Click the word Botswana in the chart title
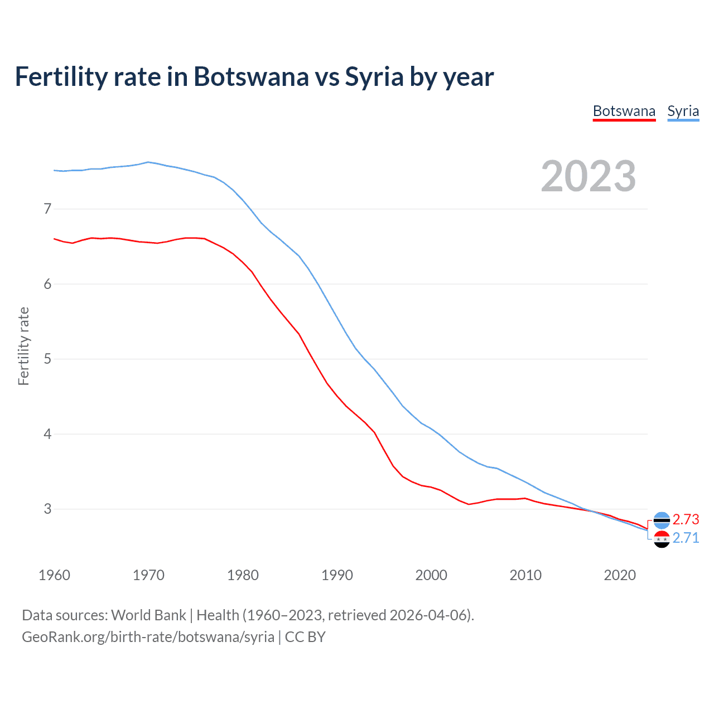pyautogui.click(x=250, y=77)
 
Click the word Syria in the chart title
pyautogui.click(x=374, y=77)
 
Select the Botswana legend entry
pyautogui.click(x=624, y=112)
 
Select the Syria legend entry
pyautogui.click(x=683, y=112)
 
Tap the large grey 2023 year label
pyautogui.click(x=588, y=176)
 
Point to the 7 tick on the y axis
pyautogui.click(x=47, y=209)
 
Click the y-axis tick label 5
pyautogui.click(x=47, y=359)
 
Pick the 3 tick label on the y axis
pyautogui.click(x=47, y=509)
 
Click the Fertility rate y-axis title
pyautogui.click(x=23, y=346)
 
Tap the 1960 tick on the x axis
pyautogui.click(x=54, y=575)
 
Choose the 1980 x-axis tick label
pyautogui.click(x=243, y=575)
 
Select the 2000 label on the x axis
pyautogui.click(x=431, y=575)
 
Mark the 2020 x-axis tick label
pyautogui.click(x=620, y=575)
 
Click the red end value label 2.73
pyautogui.click(x=686, y=519)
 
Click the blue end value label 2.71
pyautogui.click(x=686, y=538)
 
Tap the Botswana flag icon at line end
pyautogui.click(x=662, y=520)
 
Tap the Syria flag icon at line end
pyautogui.click(x=662, y=539)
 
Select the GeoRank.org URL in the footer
pyautogui.click(x=148, y=637)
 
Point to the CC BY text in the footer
pyautogui.click(x=305, y=637)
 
